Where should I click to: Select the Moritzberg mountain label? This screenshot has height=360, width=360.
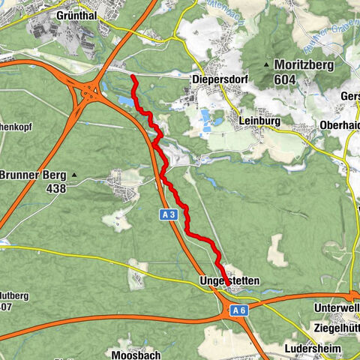click(x=307, y=65)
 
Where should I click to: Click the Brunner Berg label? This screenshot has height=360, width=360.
click(x=33, y=175)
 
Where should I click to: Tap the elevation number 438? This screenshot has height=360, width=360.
click(x=55, y=188)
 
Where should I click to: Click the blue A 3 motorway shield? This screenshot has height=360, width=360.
click(x=169, y=214)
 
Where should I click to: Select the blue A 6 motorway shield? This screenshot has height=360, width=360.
click(x=238, y=310)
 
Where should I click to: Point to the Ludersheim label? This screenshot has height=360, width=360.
click(x=313, y=349)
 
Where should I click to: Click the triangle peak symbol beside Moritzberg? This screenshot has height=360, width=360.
click(x=266, y=65)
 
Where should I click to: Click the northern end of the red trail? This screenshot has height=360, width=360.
click(x=132, y=76)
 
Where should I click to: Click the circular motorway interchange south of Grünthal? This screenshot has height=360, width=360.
click(x=91, y=93)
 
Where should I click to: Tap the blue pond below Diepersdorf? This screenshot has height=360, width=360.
click(x=205, y=117)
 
